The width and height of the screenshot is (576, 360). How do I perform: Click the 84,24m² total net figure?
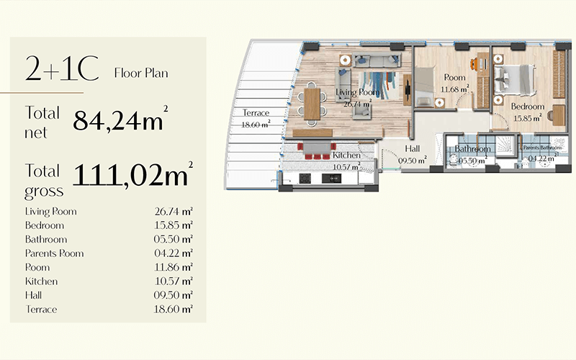point(120,120)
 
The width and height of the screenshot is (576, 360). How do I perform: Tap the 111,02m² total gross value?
point(132,174)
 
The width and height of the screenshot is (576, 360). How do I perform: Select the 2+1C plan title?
point(62,68)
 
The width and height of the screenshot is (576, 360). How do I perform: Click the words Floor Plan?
point(141,73)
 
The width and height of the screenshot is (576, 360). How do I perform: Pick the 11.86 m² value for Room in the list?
point(174,267)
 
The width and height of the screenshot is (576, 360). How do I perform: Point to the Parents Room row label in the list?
point(55,253)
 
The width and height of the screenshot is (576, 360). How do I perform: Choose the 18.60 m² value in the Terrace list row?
point(174,309)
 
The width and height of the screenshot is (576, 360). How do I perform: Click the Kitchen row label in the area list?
point(41,281)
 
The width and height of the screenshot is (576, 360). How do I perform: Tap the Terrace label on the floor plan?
point(256,113)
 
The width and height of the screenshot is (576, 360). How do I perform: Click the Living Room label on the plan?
point(357,92)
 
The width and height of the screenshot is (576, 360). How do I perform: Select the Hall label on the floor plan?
point(412,148)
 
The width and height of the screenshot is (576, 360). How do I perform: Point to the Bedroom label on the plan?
point(528,107)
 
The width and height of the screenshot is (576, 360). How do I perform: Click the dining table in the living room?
point(312,104)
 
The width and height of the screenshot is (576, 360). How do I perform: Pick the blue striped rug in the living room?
point(379,86)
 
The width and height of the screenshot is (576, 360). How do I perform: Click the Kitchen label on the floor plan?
point(346,155)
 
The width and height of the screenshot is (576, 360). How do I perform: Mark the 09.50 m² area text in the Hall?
point(413,160)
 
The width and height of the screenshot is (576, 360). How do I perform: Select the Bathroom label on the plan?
point(472,149)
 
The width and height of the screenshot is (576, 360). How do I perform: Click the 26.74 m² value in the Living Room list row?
point(174,211)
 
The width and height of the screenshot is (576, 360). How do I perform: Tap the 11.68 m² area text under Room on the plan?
point(455,89)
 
